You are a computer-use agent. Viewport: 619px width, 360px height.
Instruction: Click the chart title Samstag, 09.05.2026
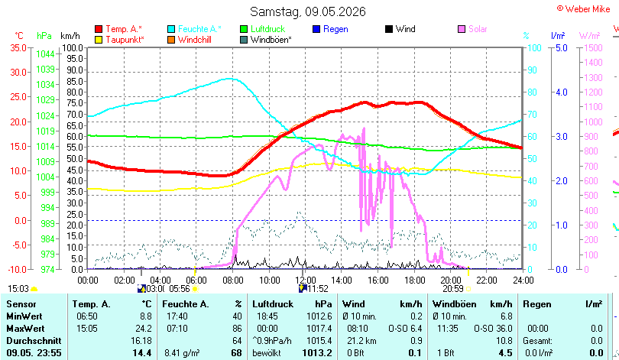point(308,11)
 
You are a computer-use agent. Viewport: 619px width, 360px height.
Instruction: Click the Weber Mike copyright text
point(584,8)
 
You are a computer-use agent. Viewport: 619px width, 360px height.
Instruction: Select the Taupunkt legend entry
point(120,40)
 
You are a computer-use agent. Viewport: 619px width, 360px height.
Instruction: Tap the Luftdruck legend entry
point(263,29)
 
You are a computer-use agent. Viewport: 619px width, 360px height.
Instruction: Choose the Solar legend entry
point(472,29)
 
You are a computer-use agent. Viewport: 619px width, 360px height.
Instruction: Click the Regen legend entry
point(330,29)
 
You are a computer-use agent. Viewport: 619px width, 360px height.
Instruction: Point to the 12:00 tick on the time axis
point(305,280)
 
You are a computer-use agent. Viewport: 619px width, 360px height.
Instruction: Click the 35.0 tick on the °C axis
point(18,47)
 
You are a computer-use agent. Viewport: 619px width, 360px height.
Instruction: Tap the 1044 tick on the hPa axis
point(45,54)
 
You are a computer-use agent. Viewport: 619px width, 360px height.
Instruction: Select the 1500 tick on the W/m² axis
point(593,47)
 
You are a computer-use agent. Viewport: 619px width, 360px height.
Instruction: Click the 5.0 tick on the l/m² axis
point(562,47)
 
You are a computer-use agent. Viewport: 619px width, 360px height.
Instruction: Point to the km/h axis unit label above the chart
point(70,36)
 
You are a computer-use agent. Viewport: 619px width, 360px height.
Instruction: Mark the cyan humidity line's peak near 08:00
point(230,79)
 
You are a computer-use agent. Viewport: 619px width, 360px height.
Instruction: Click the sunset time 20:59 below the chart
point(453,289)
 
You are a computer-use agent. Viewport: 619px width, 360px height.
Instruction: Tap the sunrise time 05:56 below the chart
point(180,289)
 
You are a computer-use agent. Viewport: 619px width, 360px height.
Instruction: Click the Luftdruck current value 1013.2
point(317,352)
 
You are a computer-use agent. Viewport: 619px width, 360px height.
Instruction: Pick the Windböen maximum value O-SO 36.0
point(493,329)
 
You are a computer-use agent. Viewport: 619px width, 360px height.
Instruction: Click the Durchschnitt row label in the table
point(34,341)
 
